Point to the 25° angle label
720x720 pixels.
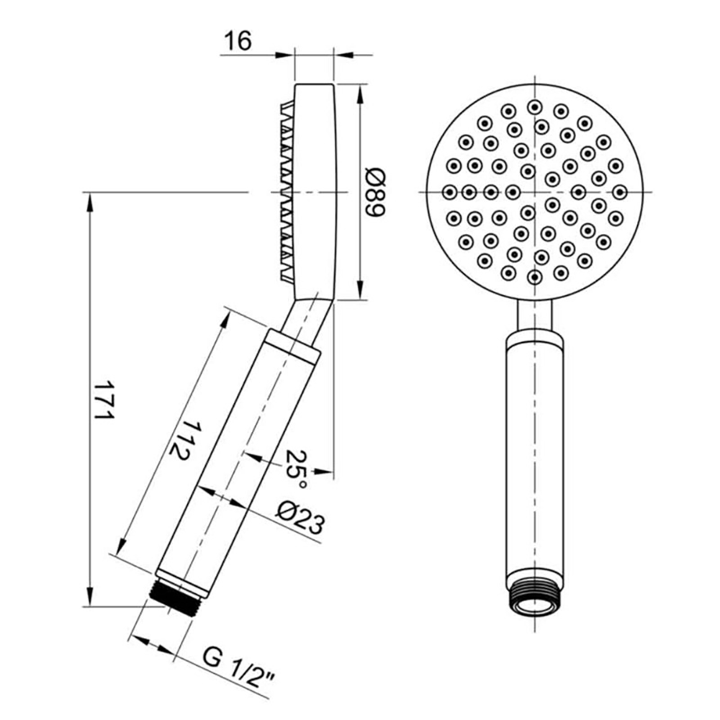[x=297, y=464]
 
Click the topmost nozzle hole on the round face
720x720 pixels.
[x=534, y=106]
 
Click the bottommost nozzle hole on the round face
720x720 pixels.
[x=534, y=277]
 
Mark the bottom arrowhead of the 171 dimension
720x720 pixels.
[x=91, y=598]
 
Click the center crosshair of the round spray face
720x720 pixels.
[x=534, y=192]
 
